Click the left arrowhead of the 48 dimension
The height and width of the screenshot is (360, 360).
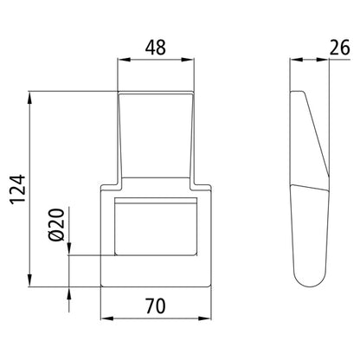(122, 59)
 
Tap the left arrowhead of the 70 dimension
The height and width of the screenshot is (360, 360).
(105, 317)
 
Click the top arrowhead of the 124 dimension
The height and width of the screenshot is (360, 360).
(32, 94)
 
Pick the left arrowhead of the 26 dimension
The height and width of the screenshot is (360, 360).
(292, 59)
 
